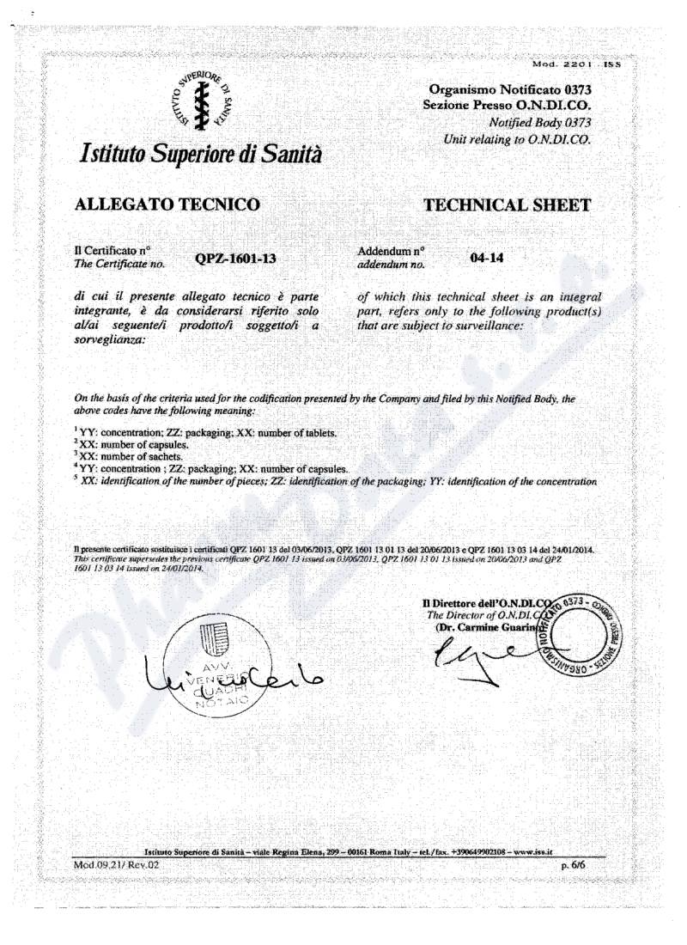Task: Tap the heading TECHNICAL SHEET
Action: pos(508,204)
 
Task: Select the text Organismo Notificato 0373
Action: pos(513,89)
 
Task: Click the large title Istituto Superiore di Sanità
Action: pos(202,157)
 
